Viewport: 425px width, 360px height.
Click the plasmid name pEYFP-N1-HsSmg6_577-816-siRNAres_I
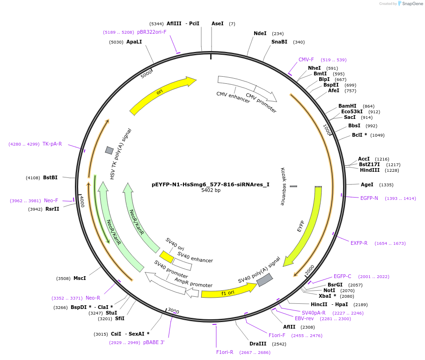coord(210,184)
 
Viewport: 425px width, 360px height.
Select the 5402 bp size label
coord(211,191)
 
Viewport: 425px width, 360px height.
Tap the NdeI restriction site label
coord(260,33)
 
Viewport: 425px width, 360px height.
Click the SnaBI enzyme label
coord(279,42)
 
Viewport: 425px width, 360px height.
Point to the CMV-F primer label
coord(306,59)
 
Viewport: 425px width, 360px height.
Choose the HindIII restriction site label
coord(369,170)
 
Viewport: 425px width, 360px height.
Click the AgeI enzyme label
coord(367,184)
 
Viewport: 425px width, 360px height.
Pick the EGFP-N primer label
coord(369,198)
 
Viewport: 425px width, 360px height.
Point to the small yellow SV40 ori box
coord(167,256)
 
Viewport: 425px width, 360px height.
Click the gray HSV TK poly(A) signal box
coord(109,150)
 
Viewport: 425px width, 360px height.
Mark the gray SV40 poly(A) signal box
coord(264,279)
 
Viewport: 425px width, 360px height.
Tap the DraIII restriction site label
coord(258,344)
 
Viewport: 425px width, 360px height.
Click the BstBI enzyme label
coord(50,177)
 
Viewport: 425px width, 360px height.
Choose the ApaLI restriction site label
coord(134,42)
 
